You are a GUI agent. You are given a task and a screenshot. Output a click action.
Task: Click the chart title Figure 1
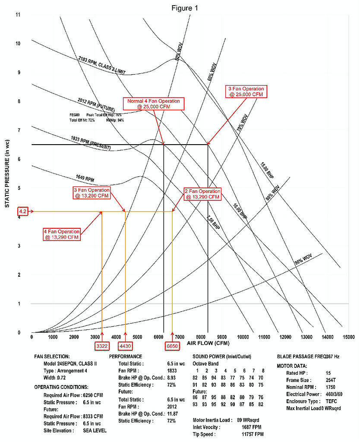pos(185,8)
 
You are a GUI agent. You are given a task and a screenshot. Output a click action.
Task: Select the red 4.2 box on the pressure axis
pos(23,212)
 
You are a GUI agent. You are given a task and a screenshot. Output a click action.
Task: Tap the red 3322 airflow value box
pos(102,346)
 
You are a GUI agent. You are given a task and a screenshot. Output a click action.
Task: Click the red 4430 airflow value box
pos(125,346)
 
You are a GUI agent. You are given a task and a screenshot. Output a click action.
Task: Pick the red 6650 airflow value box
pos(172,346)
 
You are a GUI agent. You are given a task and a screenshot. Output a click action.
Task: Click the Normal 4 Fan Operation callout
pos(153,104)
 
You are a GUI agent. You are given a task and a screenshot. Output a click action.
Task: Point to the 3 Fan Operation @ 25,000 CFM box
pos(246,92)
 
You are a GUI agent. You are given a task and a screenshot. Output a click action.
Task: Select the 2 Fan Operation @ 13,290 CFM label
pos(202,194)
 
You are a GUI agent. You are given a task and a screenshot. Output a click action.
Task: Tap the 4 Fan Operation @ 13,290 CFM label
pos(62,234)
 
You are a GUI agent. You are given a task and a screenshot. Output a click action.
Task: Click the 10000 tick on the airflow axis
pos(243,337)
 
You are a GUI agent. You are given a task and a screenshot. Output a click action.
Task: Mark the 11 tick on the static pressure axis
pos(18,15)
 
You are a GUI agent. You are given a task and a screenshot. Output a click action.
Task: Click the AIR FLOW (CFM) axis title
pos(208,343)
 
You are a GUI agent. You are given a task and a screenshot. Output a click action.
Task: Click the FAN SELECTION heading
pos(52,357)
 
